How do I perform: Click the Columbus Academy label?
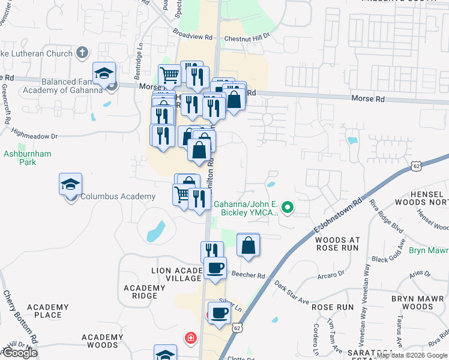[118, 197]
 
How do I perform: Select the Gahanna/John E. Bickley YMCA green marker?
[288, 208]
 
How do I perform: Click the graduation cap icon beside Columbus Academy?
[71, 184]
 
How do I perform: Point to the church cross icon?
[83, 52]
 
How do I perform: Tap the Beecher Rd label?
[249, 276]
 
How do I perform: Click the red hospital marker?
[190, 338]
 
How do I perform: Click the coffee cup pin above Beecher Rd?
[215, 268]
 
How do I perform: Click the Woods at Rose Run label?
[337, 243]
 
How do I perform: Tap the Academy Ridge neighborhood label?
[145, 292]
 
